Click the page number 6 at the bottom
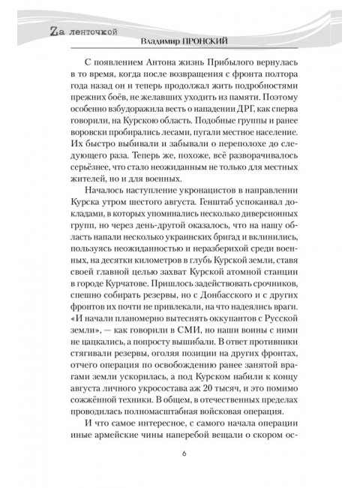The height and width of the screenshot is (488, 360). pyautogui.click(x=184, y=453)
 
